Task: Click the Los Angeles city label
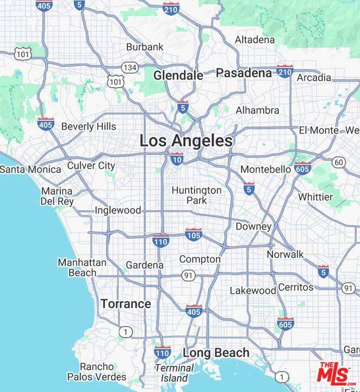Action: pos(186,141)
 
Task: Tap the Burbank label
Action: pos(145,47)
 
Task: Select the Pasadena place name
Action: pos(244,73)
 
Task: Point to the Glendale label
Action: pos(178,76)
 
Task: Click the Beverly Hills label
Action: pos(88,126)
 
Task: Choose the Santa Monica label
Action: pos(30,169)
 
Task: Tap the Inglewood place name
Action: pos(118,210)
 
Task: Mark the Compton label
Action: pos(200,259)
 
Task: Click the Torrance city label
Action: pos(126,304)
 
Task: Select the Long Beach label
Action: pos(216,353)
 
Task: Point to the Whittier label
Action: pos(315,197)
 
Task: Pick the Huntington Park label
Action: pos(197,195)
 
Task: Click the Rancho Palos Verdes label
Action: pos(97,371)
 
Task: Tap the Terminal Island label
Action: pos(174,372)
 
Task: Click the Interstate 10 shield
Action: pos(176,158)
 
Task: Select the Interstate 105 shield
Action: pos(194,234)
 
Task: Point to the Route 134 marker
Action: pos(129,67)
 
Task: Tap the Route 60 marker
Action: pos(339,162)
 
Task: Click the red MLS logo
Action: pos(334,375)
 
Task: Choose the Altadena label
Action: pos(255,40)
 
